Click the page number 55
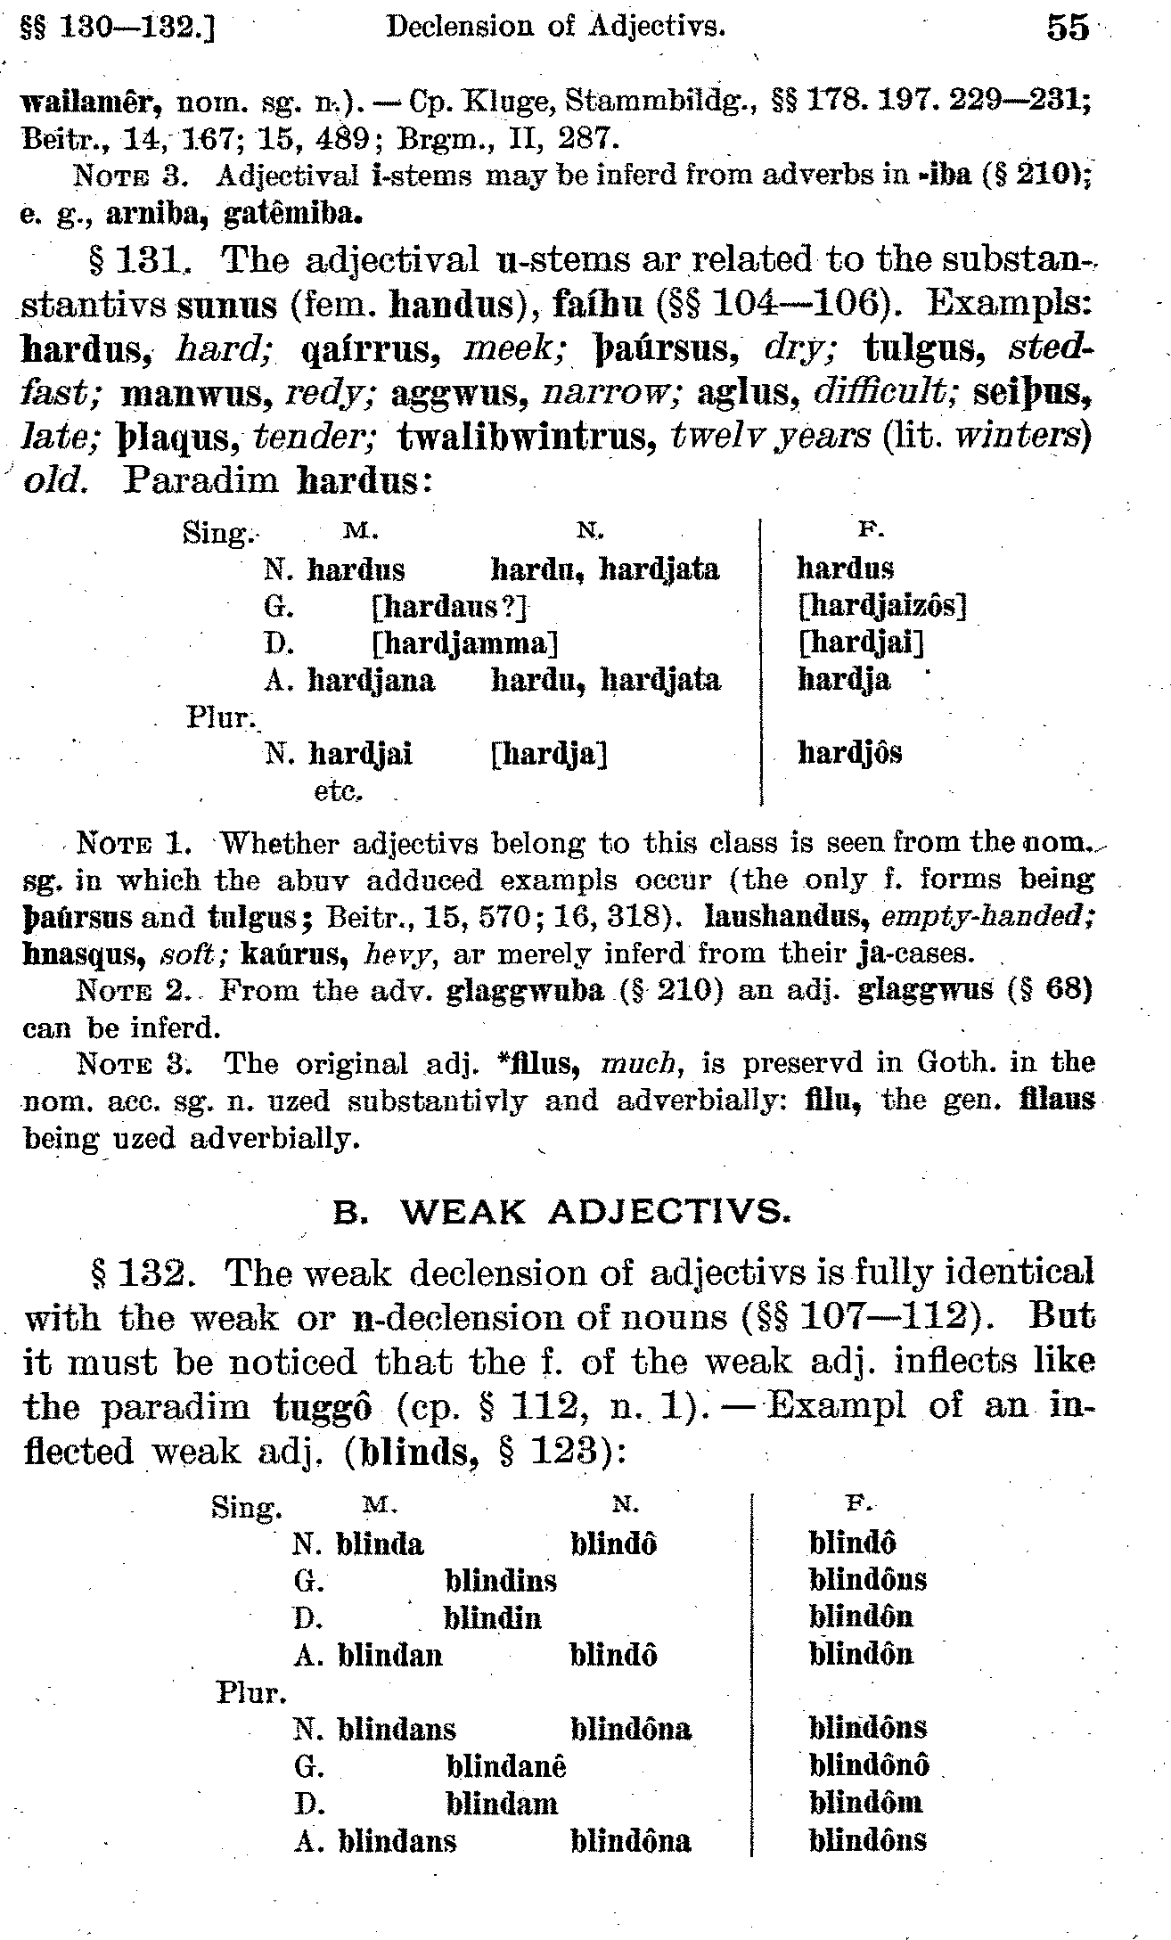tap(1068, 27)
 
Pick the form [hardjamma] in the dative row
tap(464, 643)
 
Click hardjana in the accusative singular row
tap(371, 681)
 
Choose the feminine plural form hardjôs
tap(849, 754)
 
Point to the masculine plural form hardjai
tap(360, 755)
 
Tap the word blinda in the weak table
tap(380, 1543)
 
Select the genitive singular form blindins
tap(500, 1580)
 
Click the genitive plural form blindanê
tap(505, 1765)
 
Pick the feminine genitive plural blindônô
tap(869, 1764)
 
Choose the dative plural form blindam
tap(501, 1803)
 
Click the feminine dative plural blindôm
tap(865, 1802)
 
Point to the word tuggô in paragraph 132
tap(321, 1407)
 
